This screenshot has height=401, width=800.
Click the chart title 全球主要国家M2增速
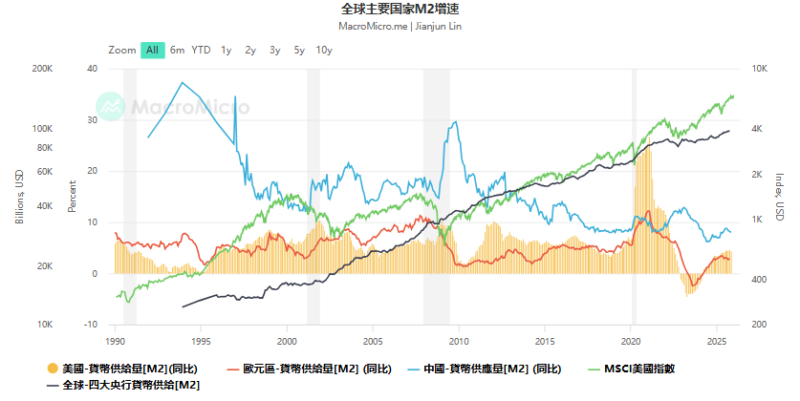pyautogui.click(x=400, y=9)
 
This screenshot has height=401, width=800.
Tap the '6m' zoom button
pyautogui.click(x=177, y=50)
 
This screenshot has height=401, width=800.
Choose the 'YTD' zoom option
pyautogui.click(x=201, y=50)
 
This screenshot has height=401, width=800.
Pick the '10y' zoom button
pyautogui.click(x=324, y=50)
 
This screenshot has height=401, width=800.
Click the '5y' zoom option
pyautogui.click(x=299, y=50)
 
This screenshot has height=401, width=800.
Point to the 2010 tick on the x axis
pyautogui.click(x=459, y=341)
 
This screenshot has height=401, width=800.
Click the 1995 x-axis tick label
pyautogui.click(x=201, y=341)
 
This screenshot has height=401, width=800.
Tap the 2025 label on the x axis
pyautogui.click(x=717, y=341)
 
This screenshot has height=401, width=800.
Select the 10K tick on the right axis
pyautogui.click(x=754, y=69)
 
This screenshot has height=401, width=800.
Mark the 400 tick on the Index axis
pyautogui.click(x=753, y=280)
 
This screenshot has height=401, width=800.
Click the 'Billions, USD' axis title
pyautogui.click(x=19, y=197)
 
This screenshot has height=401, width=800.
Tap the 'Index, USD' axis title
pyautogui.click(x=779, y=197)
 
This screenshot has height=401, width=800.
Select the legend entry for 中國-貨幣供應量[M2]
pyautogui.click(x=482, y=369)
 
